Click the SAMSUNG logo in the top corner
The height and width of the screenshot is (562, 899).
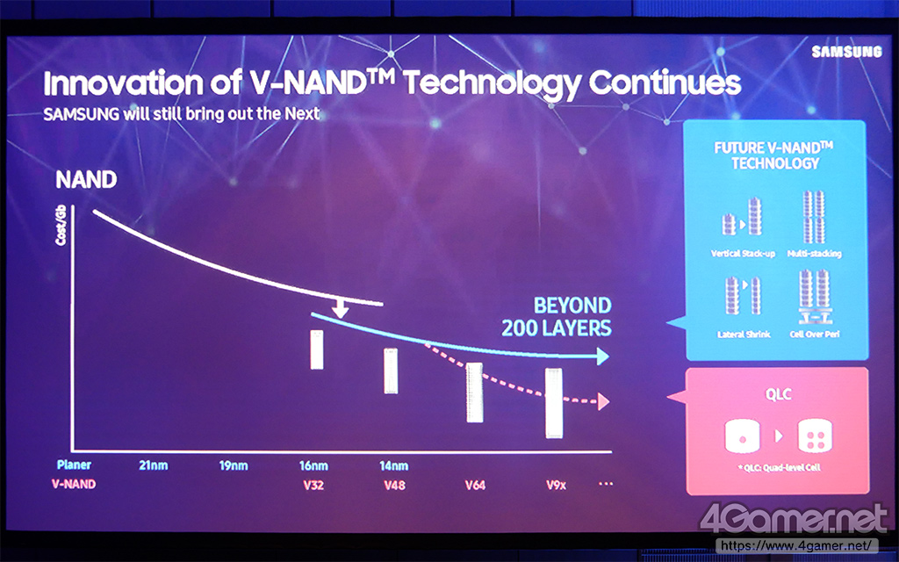845,52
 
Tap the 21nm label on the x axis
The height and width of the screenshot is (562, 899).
153,465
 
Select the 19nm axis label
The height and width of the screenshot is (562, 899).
234,465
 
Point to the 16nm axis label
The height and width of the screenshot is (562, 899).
313,465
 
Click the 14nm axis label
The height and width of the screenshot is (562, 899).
393,465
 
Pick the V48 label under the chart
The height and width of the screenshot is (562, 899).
393,485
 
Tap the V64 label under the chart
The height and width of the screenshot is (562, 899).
475,485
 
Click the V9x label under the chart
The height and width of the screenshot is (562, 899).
556,485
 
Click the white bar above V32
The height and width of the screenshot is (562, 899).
318,350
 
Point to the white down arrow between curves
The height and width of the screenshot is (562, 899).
341,307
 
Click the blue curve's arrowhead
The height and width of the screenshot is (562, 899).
601,356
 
